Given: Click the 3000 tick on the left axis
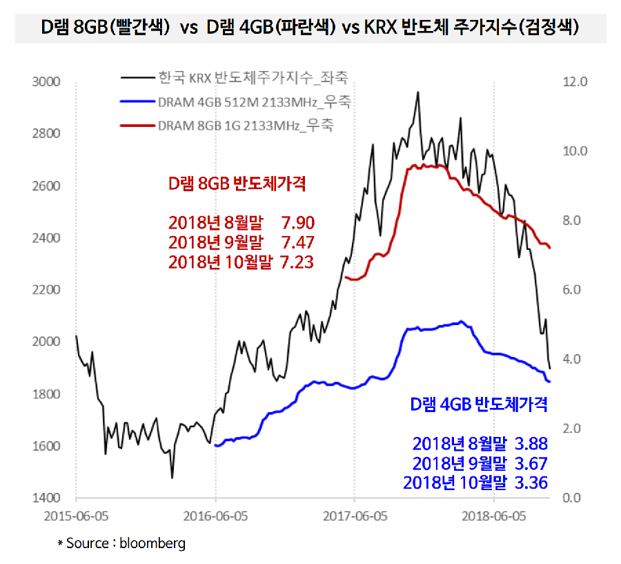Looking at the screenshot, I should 46,82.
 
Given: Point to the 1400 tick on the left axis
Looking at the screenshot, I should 46,498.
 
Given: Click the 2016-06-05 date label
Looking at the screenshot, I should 215,515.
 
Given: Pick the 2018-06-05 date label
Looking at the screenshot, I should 493,515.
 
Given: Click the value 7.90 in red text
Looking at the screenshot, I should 298,223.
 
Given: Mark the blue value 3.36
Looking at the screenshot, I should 531,483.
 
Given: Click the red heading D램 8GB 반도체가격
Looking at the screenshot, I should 237,184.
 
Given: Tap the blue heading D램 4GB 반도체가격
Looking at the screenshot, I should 479,404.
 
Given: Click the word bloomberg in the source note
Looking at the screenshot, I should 152,543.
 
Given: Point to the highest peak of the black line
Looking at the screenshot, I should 417,92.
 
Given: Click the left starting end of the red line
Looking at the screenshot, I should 345,278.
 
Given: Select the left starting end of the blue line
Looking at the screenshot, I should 216,445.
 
